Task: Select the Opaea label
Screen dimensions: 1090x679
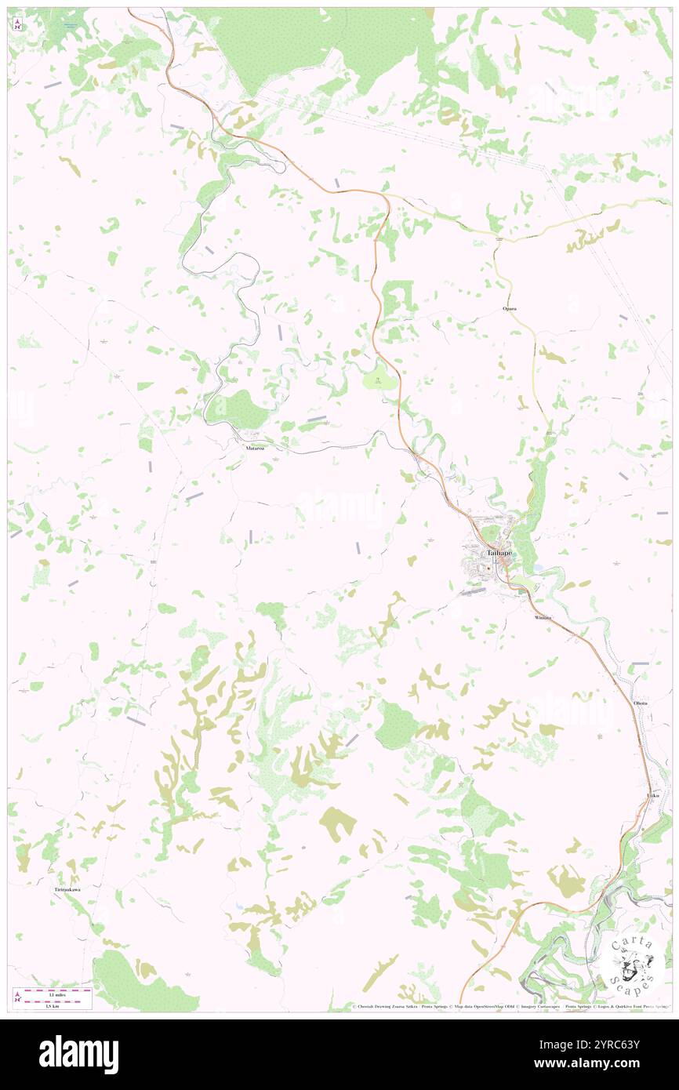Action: (x=509, y=309)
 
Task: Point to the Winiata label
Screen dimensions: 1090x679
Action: (x=543, y=618)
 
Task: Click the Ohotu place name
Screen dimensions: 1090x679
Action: (x=641, y=703)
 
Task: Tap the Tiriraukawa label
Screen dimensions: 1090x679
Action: (x=67, y=891)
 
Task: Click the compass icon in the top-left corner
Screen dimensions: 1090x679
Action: (x=18, y=24)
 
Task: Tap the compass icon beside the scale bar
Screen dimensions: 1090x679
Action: (x=18, y=996)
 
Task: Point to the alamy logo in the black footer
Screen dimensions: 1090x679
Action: (x=78, y=1054)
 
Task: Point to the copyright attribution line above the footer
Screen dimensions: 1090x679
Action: (x=510, y=1006)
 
